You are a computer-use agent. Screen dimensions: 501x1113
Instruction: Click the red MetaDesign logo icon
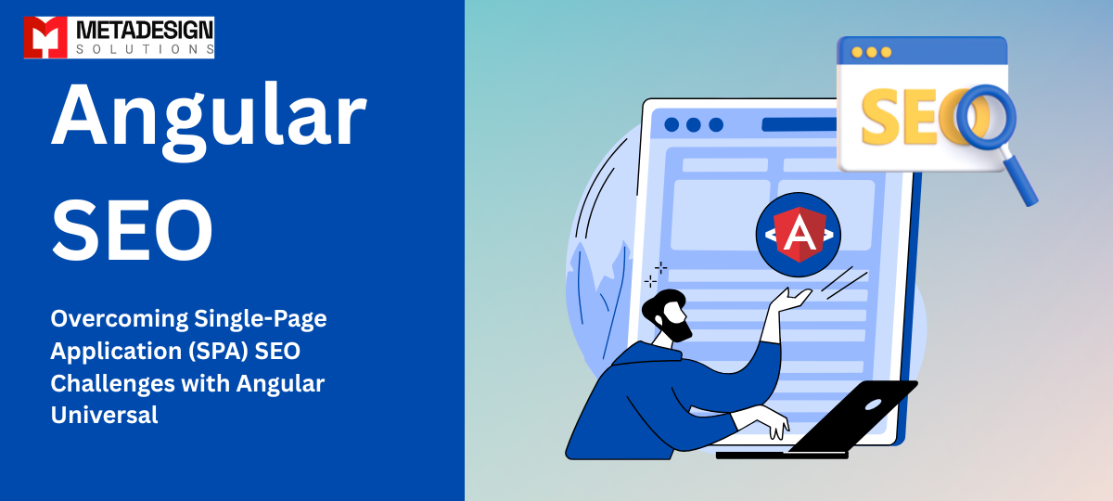(x=43, y=37)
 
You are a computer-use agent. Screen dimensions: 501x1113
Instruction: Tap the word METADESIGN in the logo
(x=139, y=28)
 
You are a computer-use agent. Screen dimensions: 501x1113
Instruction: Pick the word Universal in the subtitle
(x=104, y=415)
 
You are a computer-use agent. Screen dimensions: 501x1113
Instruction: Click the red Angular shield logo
(x=798, y=235)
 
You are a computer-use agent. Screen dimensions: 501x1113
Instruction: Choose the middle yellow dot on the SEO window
(x=871, y=52)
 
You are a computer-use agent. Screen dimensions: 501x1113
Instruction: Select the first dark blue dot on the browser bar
(x=671, y=124)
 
